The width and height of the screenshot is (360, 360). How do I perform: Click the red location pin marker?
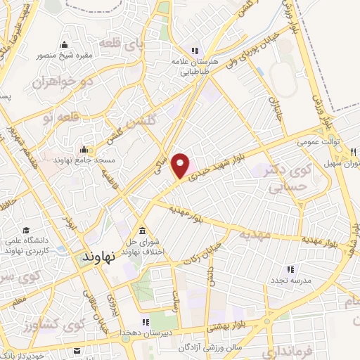181,166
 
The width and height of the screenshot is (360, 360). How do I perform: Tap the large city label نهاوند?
103,257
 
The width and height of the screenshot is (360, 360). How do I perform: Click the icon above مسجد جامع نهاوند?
84,148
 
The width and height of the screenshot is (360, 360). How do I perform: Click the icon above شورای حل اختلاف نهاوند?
143,231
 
